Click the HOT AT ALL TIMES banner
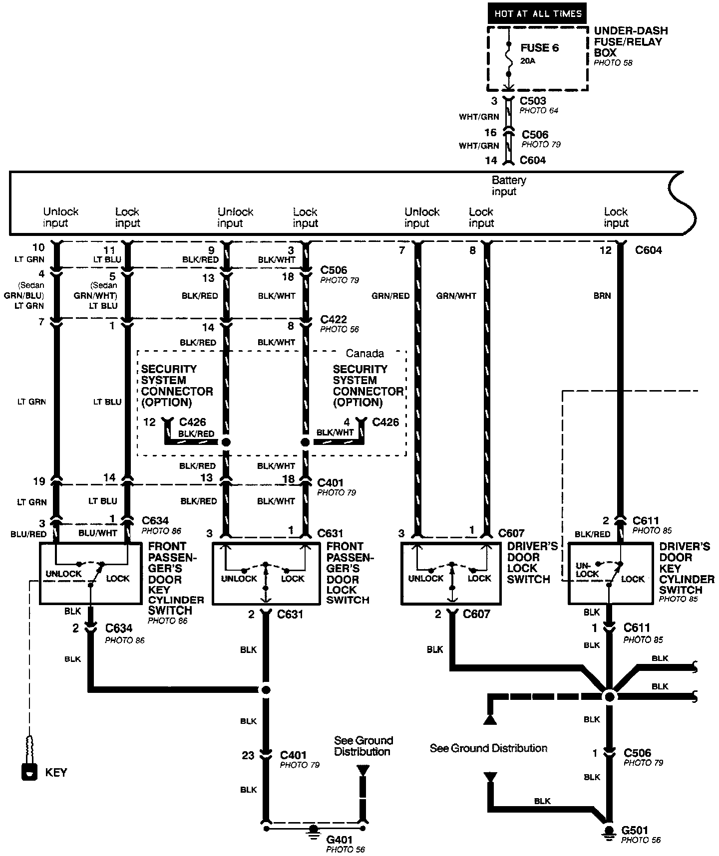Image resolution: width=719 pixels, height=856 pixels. [538, 13]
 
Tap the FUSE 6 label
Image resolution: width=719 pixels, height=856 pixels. [539, 48]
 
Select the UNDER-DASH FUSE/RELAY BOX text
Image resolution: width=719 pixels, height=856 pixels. [631, 42]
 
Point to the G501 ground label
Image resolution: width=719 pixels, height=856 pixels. [635, 830]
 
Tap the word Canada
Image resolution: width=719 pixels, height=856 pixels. [365, 353]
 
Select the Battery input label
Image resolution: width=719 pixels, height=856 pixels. [509, 186]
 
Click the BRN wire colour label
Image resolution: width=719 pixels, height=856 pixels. [602, 295]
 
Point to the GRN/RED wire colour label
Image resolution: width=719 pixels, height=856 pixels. [390, 295]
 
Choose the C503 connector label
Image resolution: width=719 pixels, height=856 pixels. [533, 101]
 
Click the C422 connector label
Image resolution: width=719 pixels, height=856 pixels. [334, 319]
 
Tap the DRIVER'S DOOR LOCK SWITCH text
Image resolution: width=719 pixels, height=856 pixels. [529, 562]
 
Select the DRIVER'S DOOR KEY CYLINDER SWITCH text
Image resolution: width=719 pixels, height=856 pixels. [687, 568]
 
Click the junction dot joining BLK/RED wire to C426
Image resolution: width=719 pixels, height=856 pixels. [226, 442]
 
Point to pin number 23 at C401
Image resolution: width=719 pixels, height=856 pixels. [248, 755]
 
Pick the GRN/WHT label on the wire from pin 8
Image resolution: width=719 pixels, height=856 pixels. [456, 295]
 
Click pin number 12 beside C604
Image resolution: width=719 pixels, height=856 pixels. [605, 250]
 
